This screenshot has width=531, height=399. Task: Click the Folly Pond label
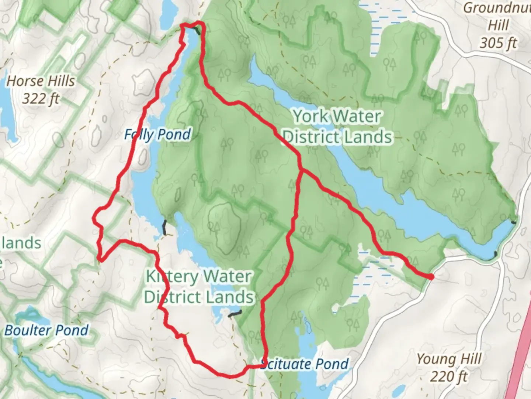[x=157, y=134]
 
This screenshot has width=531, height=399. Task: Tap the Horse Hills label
[x=41, y=81]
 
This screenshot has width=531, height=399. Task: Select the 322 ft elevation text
[x=41, y=99]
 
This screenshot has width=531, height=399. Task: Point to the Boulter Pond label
[x=47, y=330]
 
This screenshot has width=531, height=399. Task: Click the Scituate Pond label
[x=305, y=364]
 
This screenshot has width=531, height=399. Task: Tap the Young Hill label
[x=449, y=359]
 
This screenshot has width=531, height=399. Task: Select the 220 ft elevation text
[x=449, y=376]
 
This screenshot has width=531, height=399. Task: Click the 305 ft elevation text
[x=498, y=43]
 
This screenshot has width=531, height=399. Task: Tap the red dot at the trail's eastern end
[x=431, y=276]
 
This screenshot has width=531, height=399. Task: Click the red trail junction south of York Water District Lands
[x=301, y=170]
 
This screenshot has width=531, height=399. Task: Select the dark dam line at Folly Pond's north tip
[x=198, y=31]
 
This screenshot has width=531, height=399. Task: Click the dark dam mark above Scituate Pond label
[x=235, y=314]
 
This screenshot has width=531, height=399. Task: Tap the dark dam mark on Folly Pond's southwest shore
[x=165, y=226]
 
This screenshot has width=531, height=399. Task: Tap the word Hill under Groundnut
[x=498, y=25]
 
